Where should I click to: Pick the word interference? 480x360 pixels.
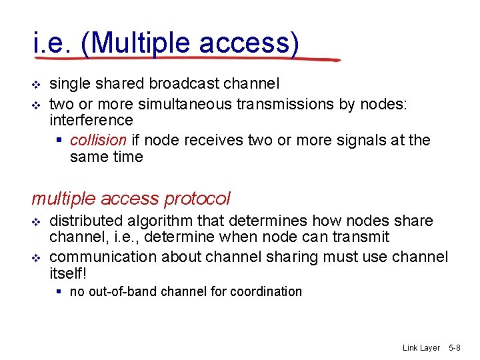91,120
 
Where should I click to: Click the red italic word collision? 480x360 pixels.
98,140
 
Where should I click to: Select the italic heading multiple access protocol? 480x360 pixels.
131,199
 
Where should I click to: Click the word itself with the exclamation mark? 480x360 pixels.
69,274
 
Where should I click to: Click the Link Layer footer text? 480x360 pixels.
421,348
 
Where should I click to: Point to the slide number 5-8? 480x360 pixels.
455,348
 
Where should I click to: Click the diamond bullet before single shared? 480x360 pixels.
37,84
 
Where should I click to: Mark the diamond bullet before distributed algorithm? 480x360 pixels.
37,221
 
